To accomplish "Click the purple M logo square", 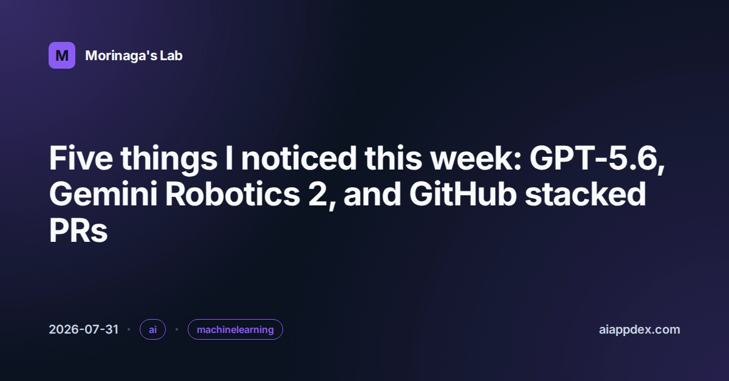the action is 62,55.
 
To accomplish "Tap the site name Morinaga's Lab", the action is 134,56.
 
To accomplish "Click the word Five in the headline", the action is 81,158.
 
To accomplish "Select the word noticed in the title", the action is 298,158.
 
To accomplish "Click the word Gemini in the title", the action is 103,194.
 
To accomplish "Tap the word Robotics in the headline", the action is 232,194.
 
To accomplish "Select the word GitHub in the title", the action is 463,194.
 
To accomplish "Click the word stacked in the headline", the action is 585,194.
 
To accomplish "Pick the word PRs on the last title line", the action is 78,230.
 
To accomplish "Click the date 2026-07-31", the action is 84,329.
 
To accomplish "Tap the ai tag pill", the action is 152,329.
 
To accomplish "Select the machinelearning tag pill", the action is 235,329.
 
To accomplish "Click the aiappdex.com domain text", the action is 640,329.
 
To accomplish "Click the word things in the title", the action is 169,160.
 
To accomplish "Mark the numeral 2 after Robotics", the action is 317,194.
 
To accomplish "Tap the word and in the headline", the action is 372,194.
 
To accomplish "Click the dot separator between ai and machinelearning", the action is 177,329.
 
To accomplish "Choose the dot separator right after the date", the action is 129,329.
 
